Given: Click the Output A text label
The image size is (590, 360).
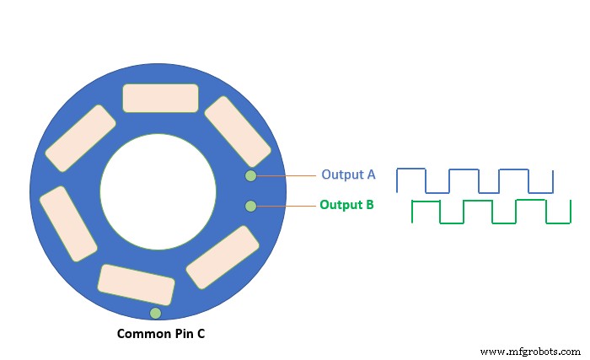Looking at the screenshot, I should pyautogui.click(x=347, y=175).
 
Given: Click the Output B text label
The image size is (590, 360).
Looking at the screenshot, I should pyautogui.click(x=346, y=205).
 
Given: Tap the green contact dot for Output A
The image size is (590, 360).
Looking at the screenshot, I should pyautogui.click(x=250, y=175).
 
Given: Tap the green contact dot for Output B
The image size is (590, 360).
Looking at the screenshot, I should pyautogui.click(x=250, y=206).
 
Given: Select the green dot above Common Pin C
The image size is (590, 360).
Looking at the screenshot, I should pyautogui.click(x=155, y=314).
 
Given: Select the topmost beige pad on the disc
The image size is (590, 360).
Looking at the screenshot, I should pyautogui.click(x=160, y=98).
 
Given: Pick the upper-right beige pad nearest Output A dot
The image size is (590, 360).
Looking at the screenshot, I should pyautogui.click(x=237, y=132).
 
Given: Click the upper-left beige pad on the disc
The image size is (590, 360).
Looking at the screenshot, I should pyautogui.click(x=81, y=138).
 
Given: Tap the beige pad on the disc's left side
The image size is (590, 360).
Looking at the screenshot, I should pyautogui.click(x=68, y=223).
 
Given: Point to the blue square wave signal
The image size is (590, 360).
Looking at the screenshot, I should pyautogui.click(x=475, y=180).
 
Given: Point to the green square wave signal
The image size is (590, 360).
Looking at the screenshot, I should pyautogui.click(x=491, y=212).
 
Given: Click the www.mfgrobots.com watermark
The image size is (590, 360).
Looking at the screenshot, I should pyautogui.click(x=528, y=350).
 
